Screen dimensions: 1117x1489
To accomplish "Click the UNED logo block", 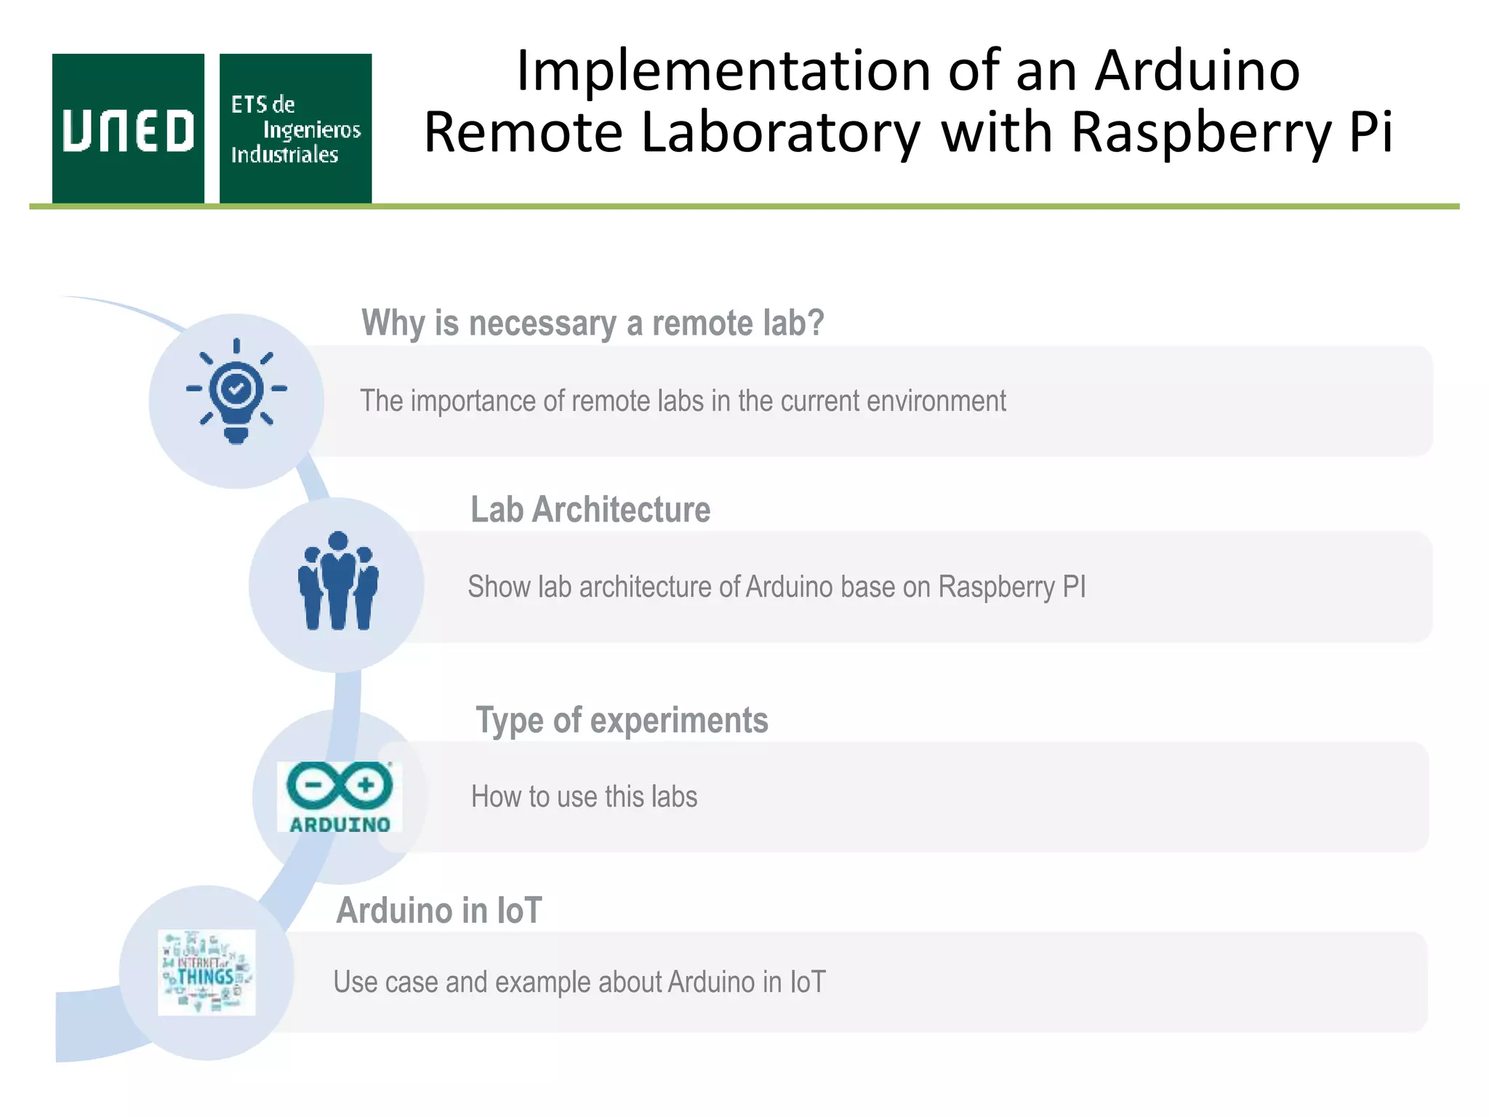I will tap(128, 129).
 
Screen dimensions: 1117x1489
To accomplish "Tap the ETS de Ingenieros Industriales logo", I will tap(295, 129).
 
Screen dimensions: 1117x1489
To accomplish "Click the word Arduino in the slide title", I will tap(1197, 71).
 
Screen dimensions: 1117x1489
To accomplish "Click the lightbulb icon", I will tap(236, 391).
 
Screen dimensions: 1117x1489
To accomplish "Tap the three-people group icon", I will tap(338, 581).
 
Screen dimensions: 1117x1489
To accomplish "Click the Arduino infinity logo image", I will tap(340, 796).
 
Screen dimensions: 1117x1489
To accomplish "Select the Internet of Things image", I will tap(206, 972).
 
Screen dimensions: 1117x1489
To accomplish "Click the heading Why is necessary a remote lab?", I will tap(593, 323).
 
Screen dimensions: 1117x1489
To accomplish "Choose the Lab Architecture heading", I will tap(590, 509).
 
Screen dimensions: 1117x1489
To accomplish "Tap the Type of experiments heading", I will tap(622, 720).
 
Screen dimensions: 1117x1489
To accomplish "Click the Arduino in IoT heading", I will tap(439, 910).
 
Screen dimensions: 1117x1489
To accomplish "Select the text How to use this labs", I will tap(584, 796).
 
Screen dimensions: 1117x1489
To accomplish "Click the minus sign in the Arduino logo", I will tap(313, 785).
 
